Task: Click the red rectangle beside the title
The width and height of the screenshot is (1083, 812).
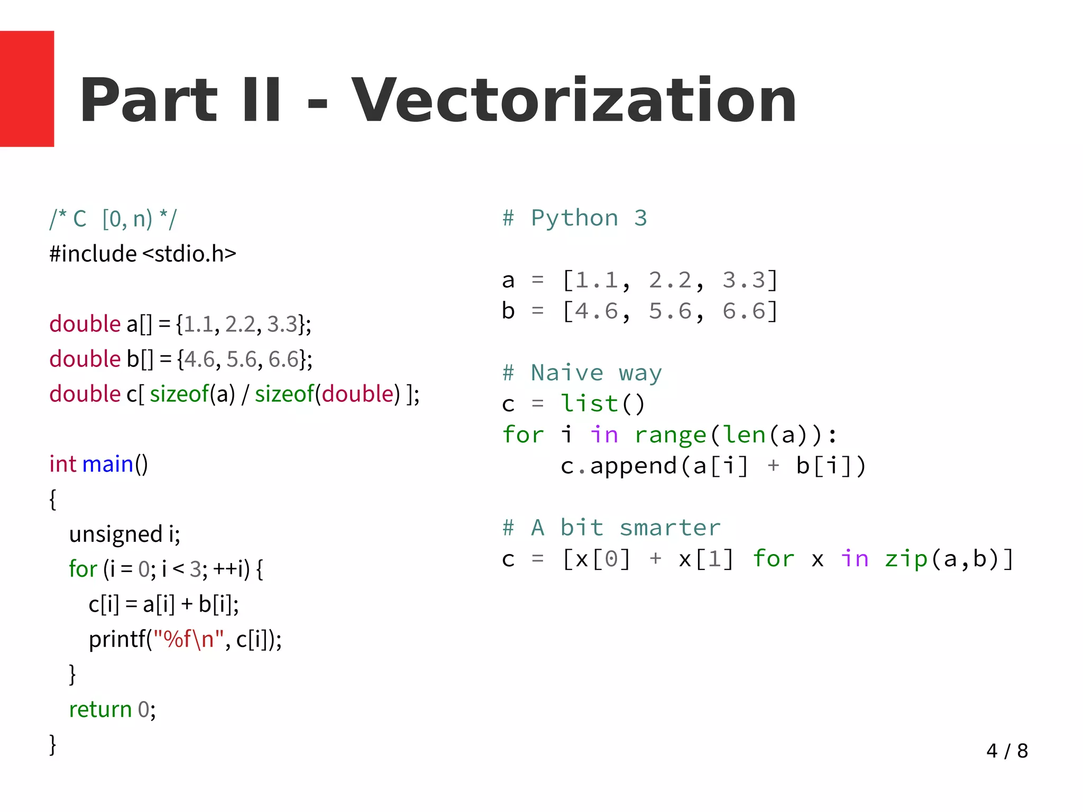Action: (x=27, y=89)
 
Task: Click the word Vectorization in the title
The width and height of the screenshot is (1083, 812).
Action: (x=574, y=100)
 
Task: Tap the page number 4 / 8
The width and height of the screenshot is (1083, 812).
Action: (x=1006, y=751)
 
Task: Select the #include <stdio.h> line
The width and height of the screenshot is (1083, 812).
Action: (x=143, y=254)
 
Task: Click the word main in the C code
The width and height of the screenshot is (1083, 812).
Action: (x=108, y=464)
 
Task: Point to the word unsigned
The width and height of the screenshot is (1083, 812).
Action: (x=116, y=534)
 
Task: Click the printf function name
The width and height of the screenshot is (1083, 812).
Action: (x=117, y=639)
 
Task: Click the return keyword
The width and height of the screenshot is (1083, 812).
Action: (x=100, y=709)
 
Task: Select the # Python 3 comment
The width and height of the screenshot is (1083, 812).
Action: (x=574, y=218)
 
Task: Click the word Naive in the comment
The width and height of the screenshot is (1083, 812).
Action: (x=567, y=373)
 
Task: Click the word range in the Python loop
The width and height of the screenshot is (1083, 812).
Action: (x=671, y=435)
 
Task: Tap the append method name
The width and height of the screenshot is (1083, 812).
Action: (x=633, y=466)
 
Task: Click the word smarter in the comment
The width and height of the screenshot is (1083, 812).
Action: (x=670, y=528)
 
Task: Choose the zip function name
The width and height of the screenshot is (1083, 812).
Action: (x=906, y=559)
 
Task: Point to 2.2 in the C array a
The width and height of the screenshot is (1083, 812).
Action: (x=241, y=324)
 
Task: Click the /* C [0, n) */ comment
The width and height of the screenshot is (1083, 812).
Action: (x=113, y=219)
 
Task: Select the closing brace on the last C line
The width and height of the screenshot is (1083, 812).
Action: (x=52, y=744)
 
